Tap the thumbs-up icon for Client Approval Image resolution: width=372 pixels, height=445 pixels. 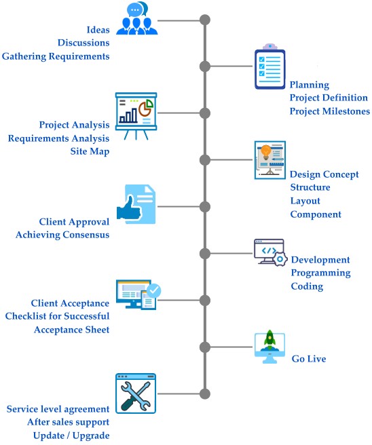tap(129, 208)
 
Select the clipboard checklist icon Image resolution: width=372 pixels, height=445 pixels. tap(269, 66)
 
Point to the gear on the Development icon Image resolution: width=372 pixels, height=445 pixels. tap(280, 259)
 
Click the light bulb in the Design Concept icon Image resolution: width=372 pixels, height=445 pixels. tap(266, 152)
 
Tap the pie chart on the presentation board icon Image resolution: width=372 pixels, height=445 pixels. tap(146, 107)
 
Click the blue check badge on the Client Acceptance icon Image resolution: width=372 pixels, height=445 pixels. tap(153, 290)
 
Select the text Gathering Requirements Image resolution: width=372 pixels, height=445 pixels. tap(56, 56)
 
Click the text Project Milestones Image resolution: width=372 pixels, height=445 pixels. tap(330, 111)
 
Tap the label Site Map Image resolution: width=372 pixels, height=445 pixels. tap(90, 151)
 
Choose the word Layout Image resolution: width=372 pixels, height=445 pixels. tap(305, 201)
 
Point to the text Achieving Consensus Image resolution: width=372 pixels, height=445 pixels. tap(62, 235)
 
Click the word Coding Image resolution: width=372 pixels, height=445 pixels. tap(307, 286)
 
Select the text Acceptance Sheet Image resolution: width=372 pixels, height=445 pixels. tap(71, 330)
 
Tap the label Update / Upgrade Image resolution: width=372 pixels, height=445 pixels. tap(71, 436)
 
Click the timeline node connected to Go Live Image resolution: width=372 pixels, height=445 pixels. tap(205, 347)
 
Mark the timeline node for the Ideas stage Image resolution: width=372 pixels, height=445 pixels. tap(205, 20)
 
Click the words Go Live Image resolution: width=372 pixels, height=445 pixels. tap(309, 359)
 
